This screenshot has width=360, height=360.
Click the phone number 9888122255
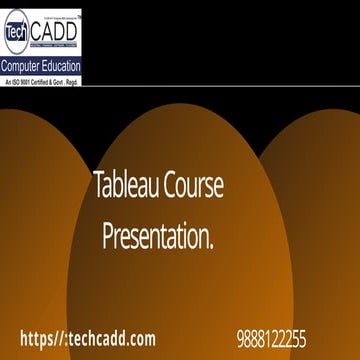click(272, 338)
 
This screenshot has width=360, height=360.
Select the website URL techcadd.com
click(116, 338)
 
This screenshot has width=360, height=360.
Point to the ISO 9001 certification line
click(42, 80)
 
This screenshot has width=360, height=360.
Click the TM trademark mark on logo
click(79, 17)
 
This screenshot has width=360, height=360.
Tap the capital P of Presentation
click(107, 238)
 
